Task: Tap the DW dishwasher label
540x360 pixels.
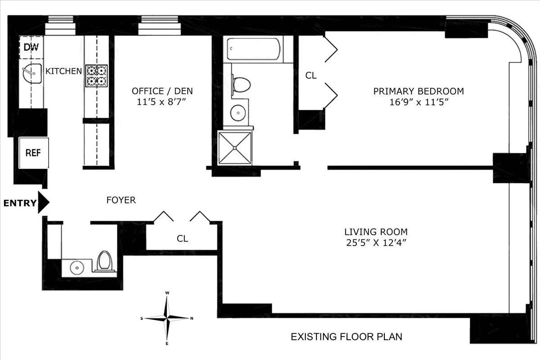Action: [31, 47]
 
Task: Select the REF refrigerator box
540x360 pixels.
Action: [33, 153]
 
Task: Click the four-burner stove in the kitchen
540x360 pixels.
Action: [97, 76]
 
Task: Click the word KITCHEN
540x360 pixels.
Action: [64, 71]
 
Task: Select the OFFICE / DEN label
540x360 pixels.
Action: [162, 91]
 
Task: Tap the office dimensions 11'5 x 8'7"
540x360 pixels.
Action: [162, 102]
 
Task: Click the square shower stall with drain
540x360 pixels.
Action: [234, 148]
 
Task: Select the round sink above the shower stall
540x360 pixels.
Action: [238, 112]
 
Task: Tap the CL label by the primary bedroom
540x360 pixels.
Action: [310, 76]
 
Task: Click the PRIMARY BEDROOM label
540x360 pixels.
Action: [418, 91]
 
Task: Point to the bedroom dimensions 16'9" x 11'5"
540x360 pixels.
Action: [418, 102]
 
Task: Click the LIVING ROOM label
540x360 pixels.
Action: [376, 232]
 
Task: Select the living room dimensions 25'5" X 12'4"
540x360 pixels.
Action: [376, 243]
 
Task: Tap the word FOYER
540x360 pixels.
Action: [121, 200]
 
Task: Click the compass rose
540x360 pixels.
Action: [167, 318]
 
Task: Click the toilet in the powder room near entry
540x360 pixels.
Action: [104, 261]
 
